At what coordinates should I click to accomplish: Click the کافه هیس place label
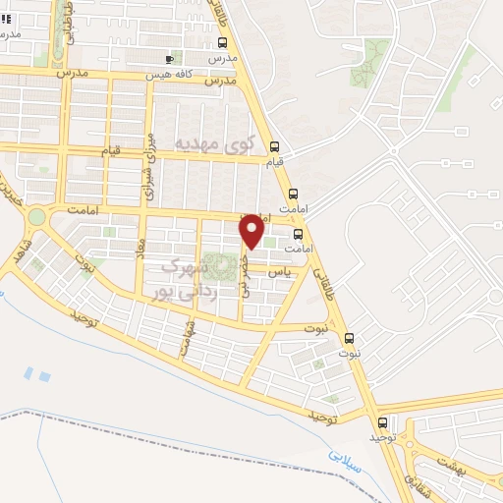pyautogui.click(x=166, y=75)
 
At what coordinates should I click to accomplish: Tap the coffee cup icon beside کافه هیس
pyautogui.click(x=170, y=59)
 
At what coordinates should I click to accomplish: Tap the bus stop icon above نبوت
pyautogui.click(x=353, y=338)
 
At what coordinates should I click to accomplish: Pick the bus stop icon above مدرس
pyautogui.click(x=223, y=43)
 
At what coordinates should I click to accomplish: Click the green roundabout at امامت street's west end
pyautogui.click(x=36, y=217)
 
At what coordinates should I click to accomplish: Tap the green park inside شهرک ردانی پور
pyautogui.click(x=227, y=264)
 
